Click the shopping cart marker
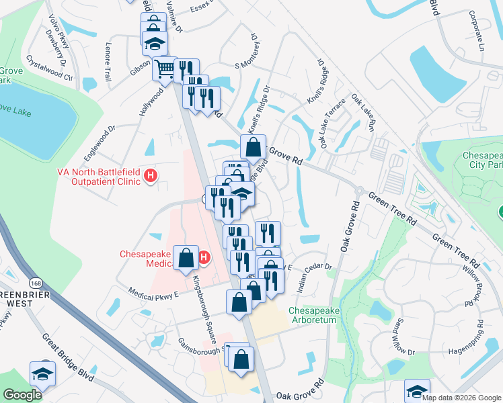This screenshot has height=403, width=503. coord(164,68)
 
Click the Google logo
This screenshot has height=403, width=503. coord(22,395)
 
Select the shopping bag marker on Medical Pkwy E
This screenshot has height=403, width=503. coord(239,302)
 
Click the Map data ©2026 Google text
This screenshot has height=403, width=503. coord(461,398)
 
